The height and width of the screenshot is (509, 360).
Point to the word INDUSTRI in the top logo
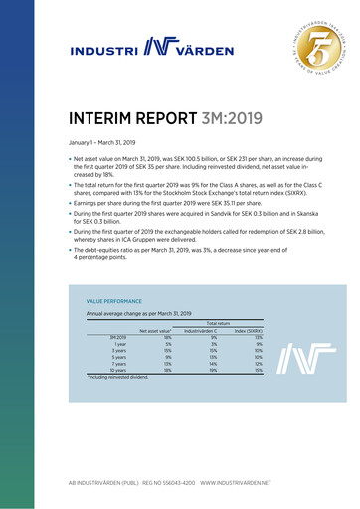[x=104, y=47]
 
